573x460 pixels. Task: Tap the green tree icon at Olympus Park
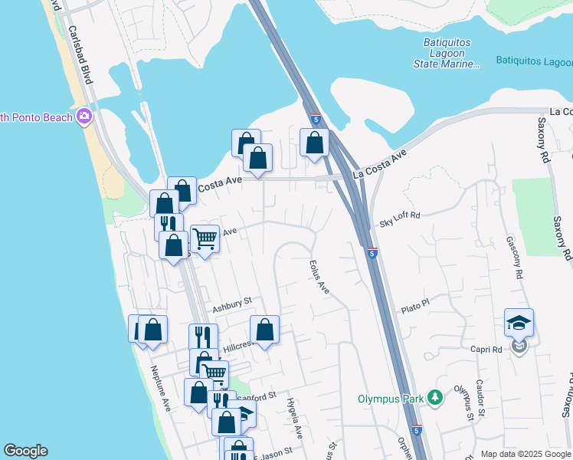point(435,397)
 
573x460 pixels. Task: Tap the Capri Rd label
point(486,349)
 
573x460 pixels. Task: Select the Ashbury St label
point(232,303)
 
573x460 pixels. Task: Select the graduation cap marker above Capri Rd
point(519,323)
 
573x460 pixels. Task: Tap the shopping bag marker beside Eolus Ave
point(264,330)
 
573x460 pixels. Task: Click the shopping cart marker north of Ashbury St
point(205,238)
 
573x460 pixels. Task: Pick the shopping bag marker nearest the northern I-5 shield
point(314,142)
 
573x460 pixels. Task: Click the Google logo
point(25,451)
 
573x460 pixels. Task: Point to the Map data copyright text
point(526,454)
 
